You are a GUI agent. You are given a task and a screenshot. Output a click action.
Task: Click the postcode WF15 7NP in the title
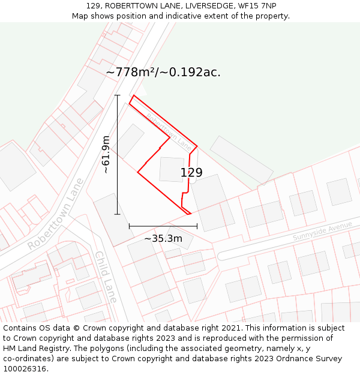click(x=257, y=6)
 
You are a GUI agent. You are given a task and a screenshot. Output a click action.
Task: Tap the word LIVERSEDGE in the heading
click(x=209, y=6)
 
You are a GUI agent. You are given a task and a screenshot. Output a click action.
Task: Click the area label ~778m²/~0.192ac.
click(x=163, y=72)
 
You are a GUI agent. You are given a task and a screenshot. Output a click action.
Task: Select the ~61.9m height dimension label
click(x=106, y=155)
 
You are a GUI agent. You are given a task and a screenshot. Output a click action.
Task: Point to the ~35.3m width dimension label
click(x=163, y=239)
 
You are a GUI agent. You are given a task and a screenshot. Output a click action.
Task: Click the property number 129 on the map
click(x=191, y=173)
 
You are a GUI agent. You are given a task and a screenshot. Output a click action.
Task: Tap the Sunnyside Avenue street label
click(x=322, y=231)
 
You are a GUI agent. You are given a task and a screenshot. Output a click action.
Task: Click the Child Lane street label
click(x=106, y=277)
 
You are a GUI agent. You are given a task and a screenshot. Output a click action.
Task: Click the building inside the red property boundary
click(x=172, y=169)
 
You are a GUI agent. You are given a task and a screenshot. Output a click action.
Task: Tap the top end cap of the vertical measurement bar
click(x=117, y=95)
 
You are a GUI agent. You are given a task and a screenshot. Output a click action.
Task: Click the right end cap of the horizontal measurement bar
click(x=197, y=226)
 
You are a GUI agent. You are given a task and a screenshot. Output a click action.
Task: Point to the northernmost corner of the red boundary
click(x=133, y=95)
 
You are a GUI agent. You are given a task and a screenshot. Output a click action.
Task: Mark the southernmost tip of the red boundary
click(x=190, y=214)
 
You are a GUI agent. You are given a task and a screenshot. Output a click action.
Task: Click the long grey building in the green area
click(x=241, y=160)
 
